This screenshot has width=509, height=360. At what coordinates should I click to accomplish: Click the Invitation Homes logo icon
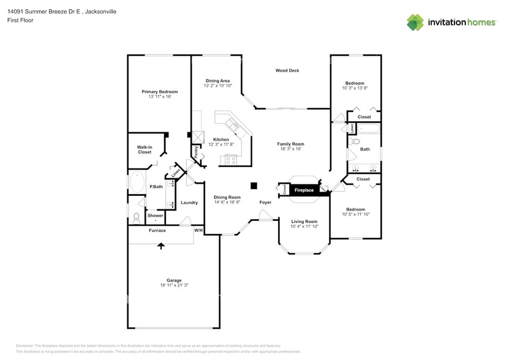pyautogui.click(x=415, y=22)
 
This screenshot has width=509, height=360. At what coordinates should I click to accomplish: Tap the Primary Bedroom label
pyautogui.click(x=159, y=92)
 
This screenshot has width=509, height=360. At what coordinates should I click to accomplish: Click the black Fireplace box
pyautogui.click(x=304, y=190)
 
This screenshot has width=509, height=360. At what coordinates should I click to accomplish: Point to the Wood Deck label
pyautogui.click(x=287, y=71)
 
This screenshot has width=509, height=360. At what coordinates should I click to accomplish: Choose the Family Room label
pyautogui.click(x=290, y=144)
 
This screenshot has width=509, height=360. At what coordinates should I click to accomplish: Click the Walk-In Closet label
pyautogui.click(x=145, y=149)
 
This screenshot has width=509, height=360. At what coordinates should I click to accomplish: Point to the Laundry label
pyautogui.click(x=189, y=203)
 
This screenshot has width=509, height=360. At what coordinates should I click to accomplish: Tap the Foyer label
pyautogui.click(x=265, y=202)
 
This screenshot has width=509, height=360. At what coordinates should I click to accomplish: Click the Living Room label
pyautogui.click(x=304, y=222)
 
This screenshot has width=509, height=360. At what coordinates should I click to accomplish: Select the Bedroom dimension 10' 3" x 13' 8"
pyautogui.click(x=355, y=88)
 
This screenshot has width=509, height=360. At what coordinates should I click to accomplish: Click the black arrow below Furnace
pyautogui.click(x=161, y=246)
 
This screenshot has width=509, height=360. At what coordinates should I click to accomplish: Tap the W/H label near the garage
pyautogui.click(x=198, y=231)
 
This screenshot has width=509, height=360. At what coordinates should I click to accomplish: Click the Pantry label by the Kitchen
pyautogui.click(x=196, y=152)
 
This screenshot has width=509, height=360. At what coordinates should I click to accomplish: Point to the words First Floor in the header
pyautogui.click(x=21, y=20)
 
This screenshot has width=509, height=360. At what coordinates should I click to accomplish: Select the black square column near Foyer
pyautogui.click(x=253, y=186)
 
